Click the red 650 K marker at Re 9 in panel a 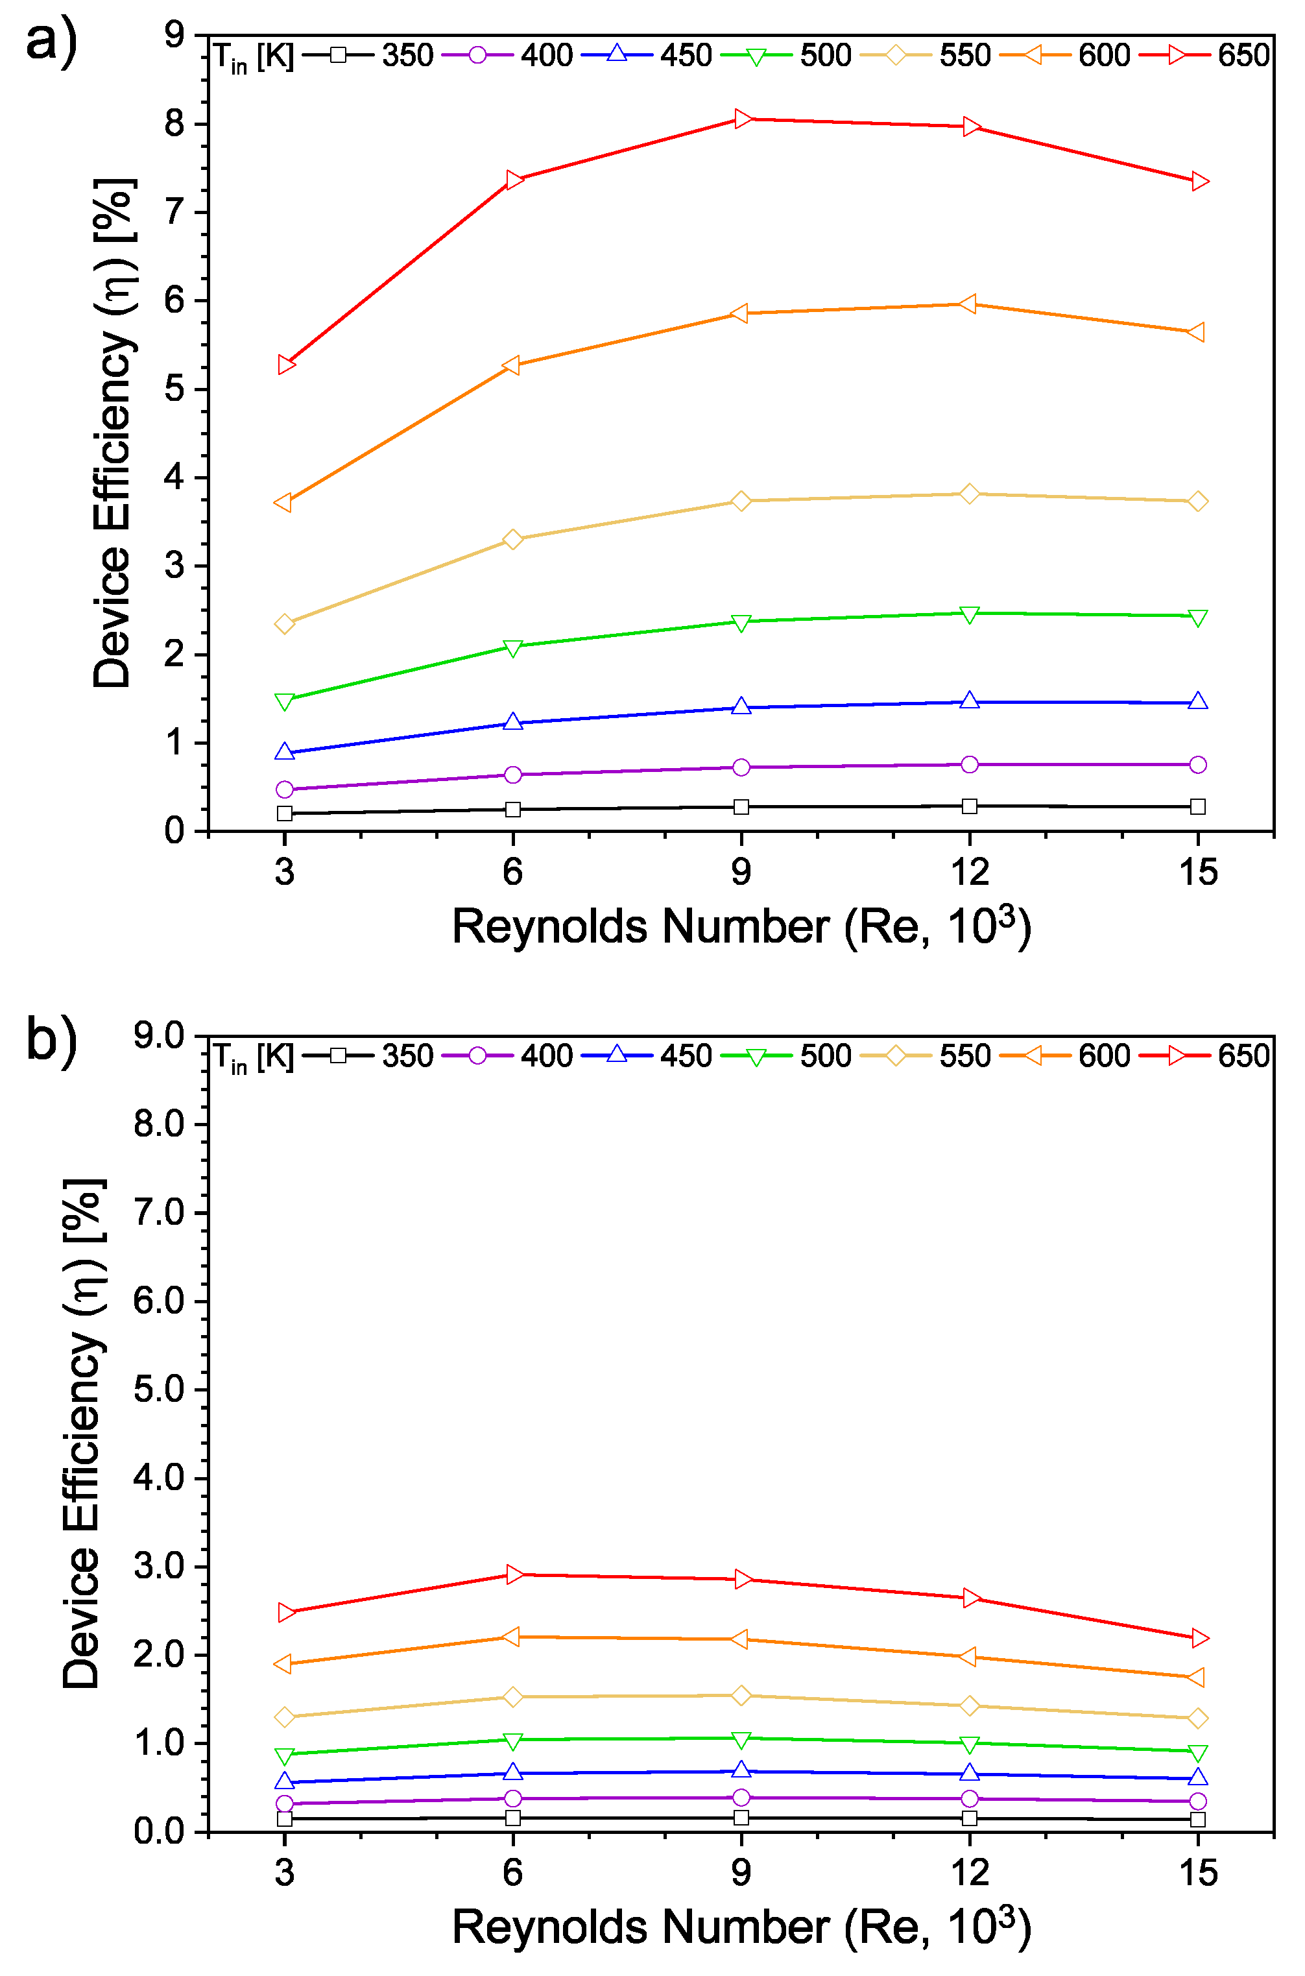click(741, 119)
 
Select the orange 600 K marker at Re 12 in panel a click(969, 304)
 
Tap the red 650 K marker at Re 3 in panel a click(285, 365)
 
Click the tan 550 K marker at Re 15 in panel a click(1197, 501)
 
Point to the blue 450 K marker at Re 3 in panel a click(285, 752)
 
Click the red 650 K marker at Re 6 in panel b click(514, 1574)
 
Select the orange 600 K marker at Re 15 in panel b click(1197, 1677)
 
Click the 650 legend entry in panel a click(1243, 56)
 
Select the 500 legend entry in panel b click(825, 1056)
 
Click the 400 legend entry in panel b click(546, 1056)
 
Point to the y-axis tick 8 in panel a click(174, 123)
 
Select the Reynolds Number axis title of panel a click(741, 926)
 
